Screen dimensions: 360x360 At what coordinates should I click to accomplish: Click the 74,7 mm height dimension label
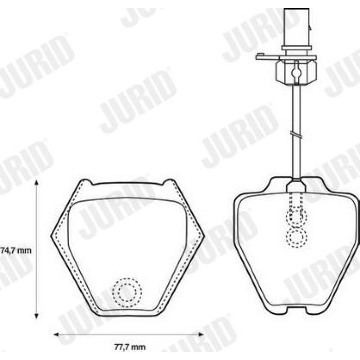click(16, 251)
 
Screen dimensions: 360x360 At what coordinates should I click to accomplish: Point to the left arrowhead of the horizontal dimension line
click(56, 334)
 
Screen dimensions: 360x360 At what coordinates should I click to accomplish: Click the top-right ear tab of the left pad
click(170, 182)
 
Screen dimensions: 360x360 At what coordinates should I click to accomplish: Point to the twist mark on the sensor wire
click(296, 133)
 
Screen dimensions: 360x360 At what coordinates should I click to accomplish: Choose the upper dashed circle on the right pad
click(297, 217)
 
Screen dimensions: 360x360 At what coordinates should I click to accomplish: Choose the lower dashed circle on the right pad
click(297, 237)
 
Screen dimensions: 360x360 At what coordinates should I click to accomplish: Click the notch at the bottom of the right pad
click(297, 310)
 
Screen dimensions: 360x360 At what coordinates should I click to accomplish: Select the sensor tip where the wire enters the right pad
click(297, 186)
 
